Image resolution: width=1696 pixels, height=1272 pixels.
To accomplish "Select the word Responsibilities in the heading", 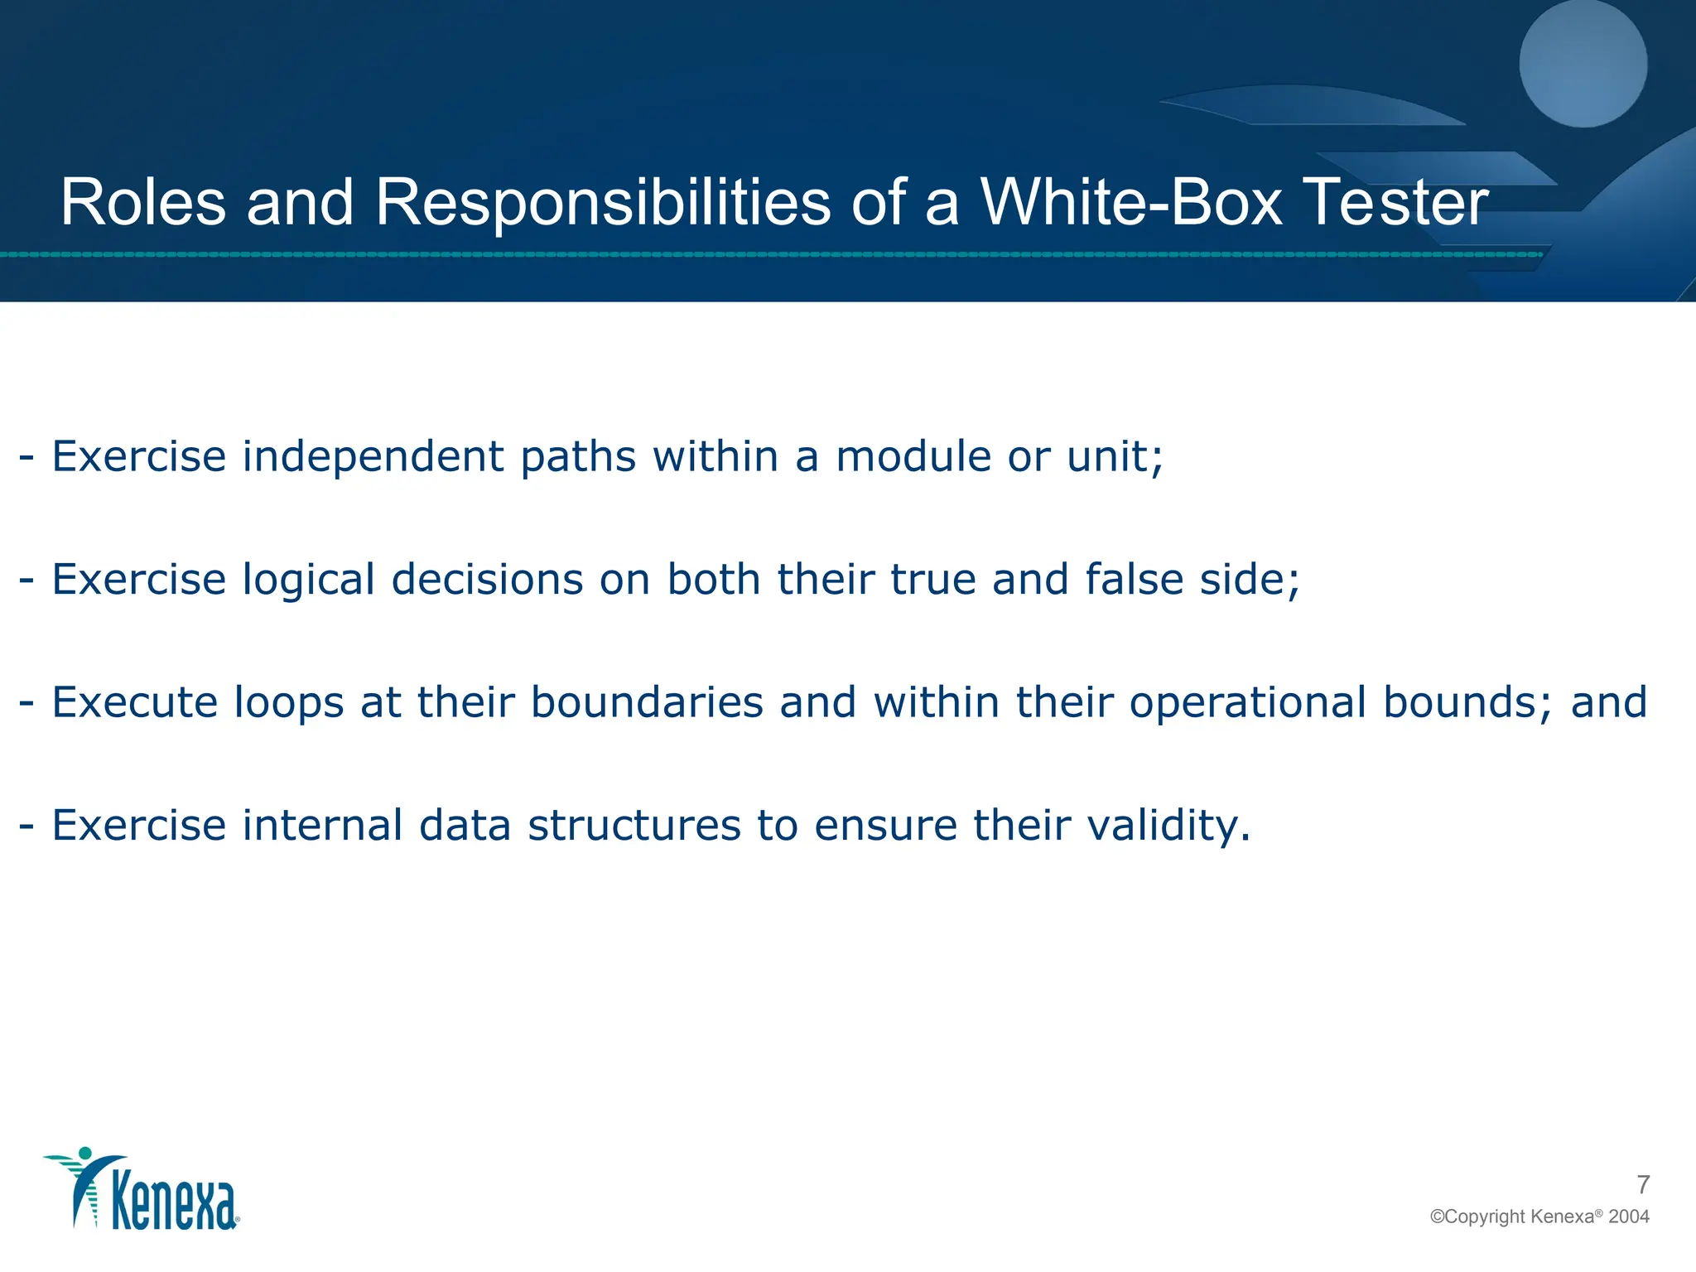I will pos(602,204).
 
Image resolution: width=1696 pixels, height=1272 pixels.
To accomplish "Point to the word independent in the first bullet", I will pos(373,456).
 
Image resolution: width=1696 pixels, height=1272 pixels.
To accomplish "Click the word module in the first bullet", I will pos(913,456).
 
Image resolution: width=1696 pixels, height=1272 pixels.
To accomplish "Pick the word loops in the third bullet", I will pos(288,703).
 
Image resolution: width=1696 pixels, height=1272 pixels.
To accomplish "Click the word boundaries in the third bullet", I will pos(647,702).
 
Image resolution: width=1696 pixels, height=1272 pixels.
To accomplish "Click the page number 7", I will pos(1643,1185).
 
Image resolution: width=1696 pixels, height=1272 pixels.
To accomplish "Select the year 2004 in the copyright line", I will pos(1629,1217).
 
